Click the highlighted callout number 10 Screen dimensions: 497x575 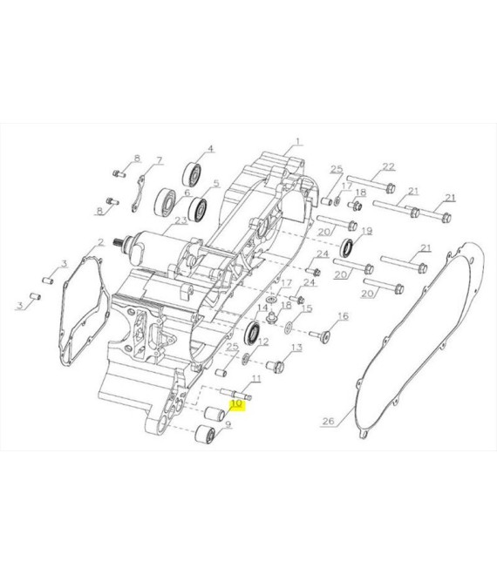point(237,403)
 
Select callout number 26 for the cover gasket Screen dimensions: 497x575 point(328,421)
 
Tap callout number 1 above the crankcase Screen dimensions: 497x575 point(297,141)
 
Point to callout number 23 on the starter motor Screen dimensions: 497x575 point(180,220)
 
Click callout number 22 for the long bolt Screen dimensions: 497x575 point(388,166)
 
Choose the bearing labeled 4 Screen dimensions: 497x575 point(192,175)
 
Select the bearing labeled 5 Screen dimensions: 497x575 point(197,210)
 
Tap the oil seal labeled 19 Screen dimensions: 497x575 point(347,248)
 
